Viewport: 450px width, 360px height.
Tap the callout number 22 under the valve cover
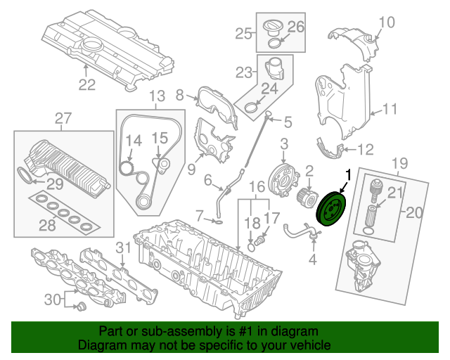pyautogui.click(x=86, y=85)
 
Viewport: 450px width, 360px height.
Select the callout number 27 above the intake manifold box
pyautogui.click(x=63, y=119)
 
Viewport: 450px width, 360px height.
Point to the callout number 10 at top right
pyautogui.click(x=387, y=22)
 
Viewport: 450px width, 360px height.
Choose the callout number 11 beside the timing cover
pyautogui.click(x=390, y=109)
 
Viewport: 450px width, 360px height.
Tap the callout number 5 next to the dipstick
pyautogui.click(x=287, y=122)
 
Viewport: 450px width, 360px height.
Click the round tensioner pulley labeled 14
pyautogui.click(x=127, y=168)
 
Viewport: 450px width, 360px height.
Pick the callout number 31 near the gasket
pyautogui.click(x=124, y=247)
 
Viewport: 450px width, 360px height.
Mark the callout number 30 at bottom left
pyautogui.click(x=53, y=300)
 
